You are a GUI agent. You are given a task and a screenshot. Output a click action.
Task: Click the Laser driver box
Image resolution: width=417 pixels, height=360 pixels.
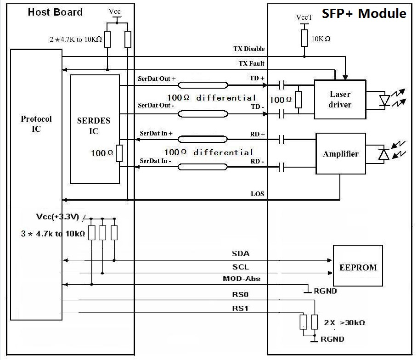click(x=340, y=99)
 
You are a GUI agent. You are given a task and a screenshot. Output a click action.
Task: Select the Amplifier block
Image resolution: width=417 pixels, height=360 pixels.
click(x=340, y=154)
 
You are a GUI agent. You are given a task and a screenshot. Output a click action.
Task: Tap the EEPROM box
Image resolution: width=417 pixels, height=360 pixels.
click(x=358, y=265)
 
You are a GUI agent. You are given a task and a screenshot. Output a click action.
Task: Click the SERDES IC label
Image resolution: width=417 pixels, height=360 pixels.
click(x=94, y=126)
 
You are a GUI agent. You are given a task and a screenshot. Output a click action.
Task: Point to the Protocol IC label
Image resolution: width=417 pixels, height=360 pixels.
click(x=36, y=124)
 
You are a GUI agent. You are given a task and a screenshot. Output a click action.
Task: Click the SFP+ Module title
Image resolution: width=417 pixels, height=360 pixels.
click(x=364, y=13)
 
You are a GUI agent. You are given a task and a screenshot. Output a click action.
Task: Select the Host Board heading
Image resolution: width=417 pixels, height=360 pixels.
click(x=55, y=12)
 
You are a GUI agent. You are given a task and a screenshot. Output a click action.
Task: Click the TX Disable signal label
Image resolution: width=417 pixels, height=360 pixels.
click(x=249, y=49)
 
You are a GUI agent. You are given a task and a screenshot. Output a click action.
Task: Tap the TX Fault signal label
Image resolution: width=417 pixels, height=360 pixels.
click(x=251, y=63)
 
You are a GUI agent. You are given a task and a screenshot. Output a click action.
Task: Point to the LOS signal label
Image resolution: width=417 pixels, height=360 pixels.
click(x=258, y=194)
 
